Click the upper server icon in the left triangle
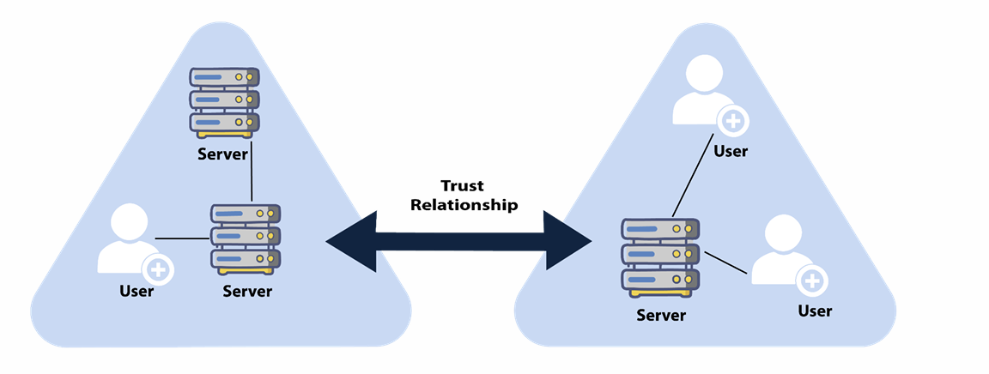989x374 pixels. [223, 102]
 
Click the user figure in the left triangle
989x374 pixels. [130, 239]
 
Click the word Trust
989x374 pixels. [463, 186]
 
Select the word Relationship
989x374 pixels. [464, 205]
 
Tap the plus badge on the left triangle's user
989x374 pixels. [158, 270]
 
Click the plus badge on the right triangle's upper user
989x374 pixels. [732, 123]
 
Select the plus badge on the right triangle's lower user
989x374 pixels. [811, 280]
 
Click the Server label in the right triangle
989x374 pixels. [661, 315]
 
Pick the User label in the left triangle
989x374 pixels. [137, 291]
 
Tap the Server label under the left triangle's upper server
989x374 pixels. [222, 154]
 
